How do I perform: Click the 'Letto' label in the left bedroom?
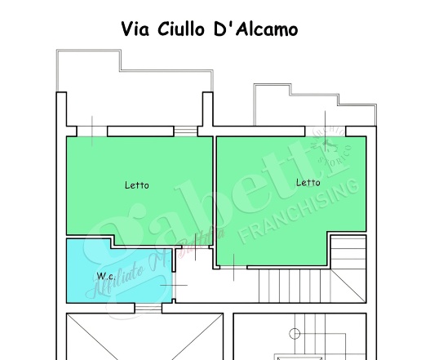(x=136, y=185)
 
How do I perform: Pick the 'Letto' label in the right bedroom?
(x=308, y=182)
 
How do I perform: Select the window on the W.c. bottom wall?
(x=147, y=308)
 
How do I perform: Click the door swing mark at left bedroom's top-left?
(x=93, y=131)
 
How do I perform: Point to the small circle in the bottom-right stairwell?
(x=293, y=332)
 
